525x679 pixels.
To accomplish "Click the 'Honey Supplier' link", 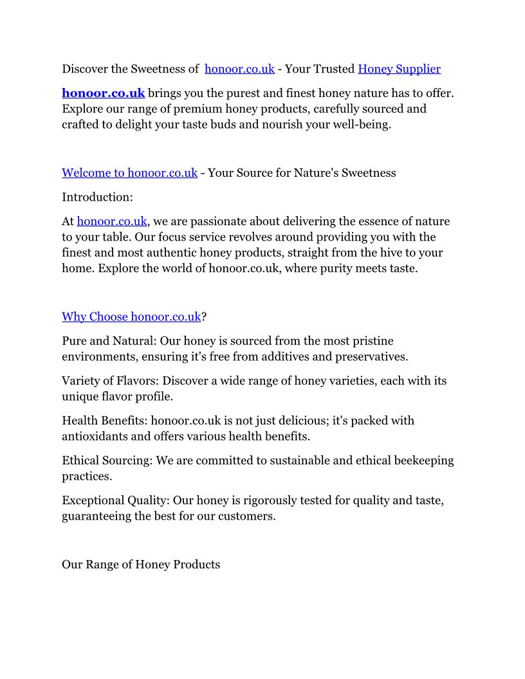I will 399,69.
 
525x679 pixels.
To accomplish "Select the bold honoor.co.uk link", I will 103,93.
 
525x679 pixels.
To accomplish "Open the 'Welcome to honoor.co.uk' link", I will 129,173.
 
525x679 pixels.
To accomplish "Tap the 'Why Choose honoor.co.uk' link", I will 131,317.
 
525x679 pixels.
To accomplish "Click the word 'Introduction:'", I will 97,197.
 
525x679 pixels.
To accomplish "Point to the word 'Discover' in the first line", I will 86,69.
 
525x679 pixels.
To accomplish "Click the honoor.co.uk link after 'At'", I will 112,222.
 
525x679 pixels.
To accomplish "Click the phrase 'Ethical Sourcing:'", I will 108,461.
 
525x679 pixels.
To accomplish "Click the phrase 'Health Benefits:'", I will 104,421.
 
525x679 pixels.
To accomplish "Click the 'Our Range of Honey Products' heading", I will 141,565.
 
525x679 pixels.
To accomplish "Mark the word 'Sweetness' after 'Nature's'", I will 369,173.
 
